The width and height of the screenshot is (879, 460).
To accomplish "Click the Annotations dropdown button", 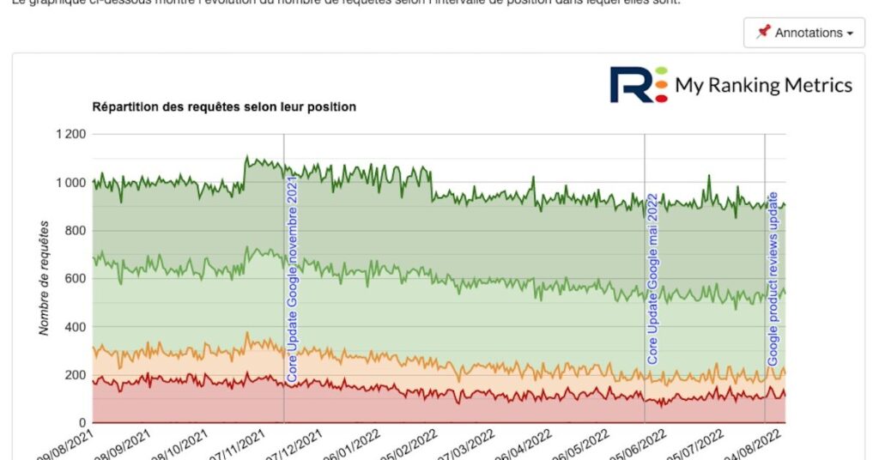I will tap(803, 33).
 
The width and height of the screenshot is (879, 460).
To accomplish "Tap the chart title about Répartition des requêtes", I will tap(224, 107).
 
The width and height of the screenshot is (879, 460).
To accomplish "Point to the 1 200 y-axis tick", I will tap(70, 135).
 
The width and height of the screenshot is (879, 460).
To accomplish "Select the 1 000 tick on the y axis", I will tap(70, 183).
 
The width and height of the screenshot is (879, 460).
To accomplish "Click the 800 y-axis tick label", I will tap(76, 231).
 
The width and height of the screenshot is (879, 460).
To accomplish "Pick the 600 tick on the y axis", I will tap(76, 279).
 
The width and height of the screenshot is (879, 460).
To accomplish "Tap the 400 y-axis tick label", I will tap(76, 327).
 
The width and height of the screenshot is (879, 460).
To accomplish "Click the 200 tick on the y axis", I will tap(76, 375).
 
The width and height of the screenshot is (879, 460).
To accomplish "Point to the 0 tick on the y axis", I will tap(82, 423).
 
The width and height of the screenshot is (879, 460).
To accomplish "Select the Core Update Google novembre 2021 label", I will tap(293, 277).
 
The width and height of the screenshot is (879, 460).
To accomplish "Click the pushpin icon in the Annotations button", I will tap(763, 33).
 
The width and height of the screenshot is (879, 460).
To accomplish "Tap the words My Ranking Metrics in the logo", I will tap(763, 85).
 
